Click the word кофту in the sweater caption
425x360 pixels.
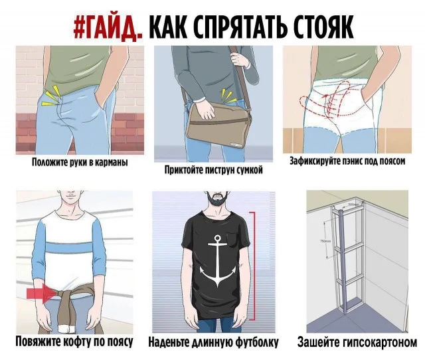point(76,342)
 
